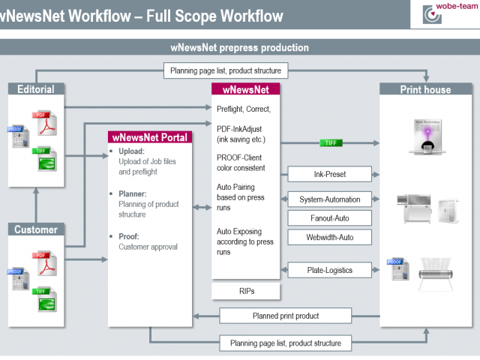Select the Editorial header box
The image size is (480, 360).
(x=37, y=89)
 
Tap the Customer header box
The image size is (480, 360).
(x=37, y=229)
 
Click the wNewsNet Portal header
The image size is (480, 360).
(x=151, y=137)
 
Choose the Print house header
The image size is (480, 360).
(x=426, y=89)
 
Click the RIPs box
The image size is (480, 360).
(x=247, y=290)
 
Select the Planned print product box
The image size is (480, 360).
(x=285, y=315)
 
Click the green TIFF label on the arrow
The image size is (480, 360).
(x=331, y=142)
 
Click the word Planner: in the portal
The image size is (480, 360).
(x=132, y=193)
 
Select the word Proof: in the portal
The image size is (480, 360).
(x=128, y=237)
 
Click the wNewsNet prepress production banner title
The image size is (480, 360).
(x=239, y=48)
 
